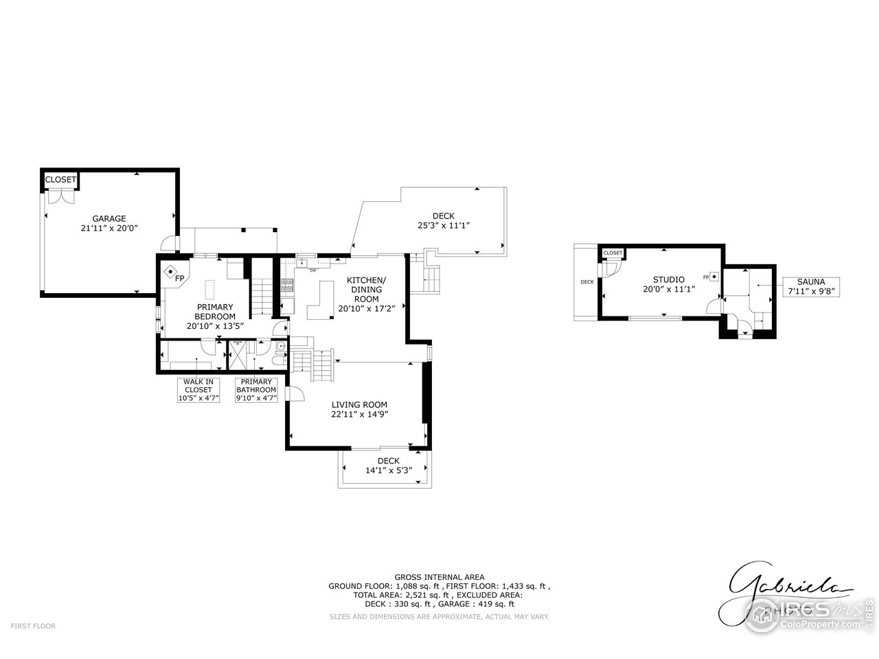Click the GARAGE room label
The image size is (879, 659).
[109, 219]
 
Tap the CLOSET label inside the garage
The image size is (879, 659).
[60, 180]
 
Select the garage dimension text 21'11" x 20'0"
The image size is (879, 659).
[109, 229]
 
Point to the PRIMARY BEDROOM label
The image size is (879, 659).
[215, 312]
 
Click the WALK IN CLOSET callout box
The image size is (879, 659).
[198, 390]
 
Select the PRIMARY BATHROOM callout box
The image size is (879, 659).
[256, 390]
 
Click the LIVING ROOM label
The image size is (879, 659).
[359, 405]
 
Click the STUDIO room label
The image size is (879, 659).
[668, 279]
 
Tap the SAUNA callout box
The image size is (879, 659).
[810, 287]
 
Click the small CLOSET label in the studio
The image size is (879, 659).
[613, 253]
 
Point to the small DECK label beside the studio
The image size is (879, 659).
[586, 282]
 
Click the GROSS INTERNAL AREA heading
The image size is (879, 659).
[439, 577]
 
